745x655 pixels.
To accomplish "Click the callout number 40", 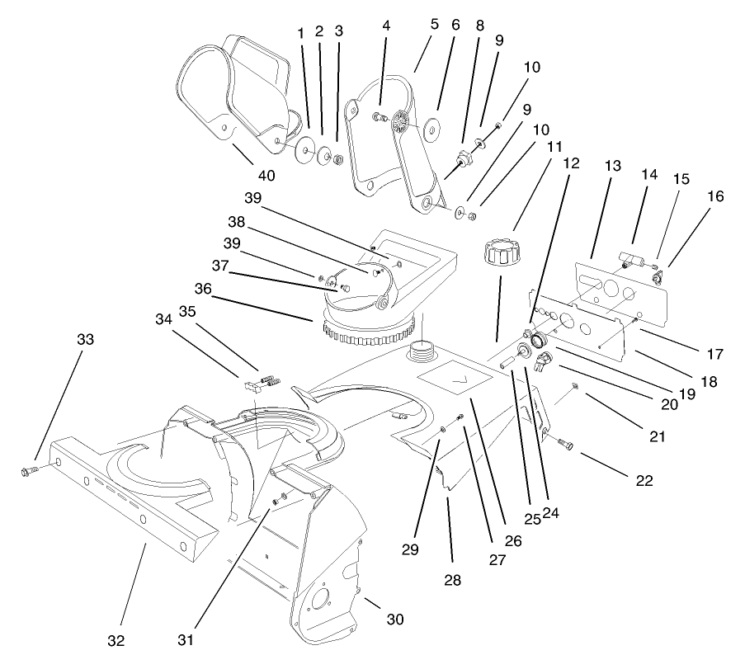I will [265, 175].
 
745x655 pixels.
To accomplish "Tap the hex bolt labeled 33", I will [28, 471].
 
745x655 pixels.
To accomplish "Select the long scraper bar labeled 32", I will [124, 511].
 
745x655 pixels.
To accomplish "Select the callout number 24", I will [551, 512].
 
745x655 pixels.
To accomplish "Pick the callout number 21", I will [657, 436].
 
